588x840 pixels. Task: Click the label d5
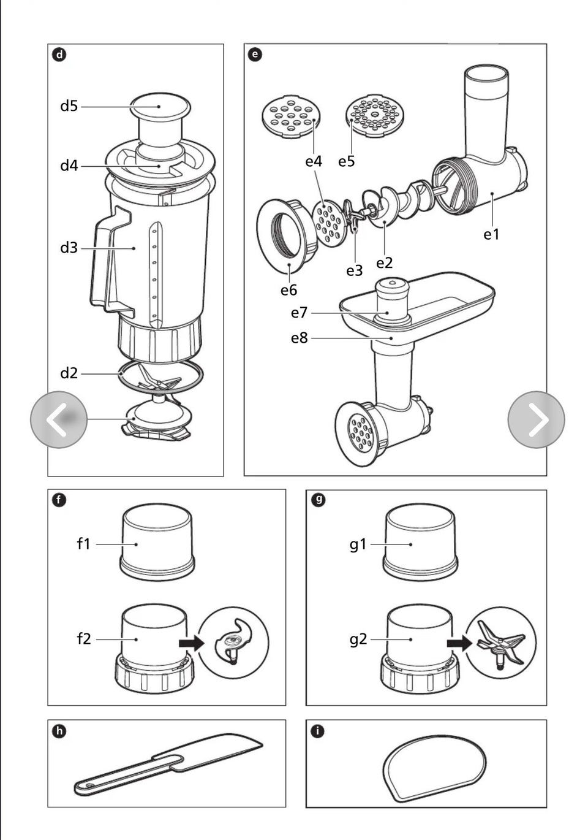click(x=69, y=106)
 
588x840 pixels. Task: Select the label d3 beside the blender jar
click(x=69, y=248)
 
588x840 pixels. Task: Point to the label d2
click(x=69, y=373)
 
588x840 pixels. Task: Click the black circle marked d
click(x=59, y=55)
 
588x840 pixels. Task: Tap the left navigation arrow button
click(x=59, y=419)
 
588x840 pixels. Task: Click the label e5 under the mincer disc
click(x=347, y=161)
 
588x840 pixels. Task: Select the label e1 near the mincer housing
click(x=491, y=234)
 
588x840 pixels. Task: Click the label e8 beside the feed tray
click(x=299, y=338)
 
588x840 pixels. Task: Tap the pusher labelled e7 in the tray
click(x=392, y=300)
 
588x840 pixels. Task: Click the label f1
click(x=84, y=544)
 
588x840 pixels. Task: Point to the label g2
click(x=358, y=640)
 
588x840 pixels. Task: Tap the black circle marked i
click(x=317, y=731)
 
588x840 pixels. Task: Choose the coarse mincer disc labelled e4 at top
click(x=291, y=115)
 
